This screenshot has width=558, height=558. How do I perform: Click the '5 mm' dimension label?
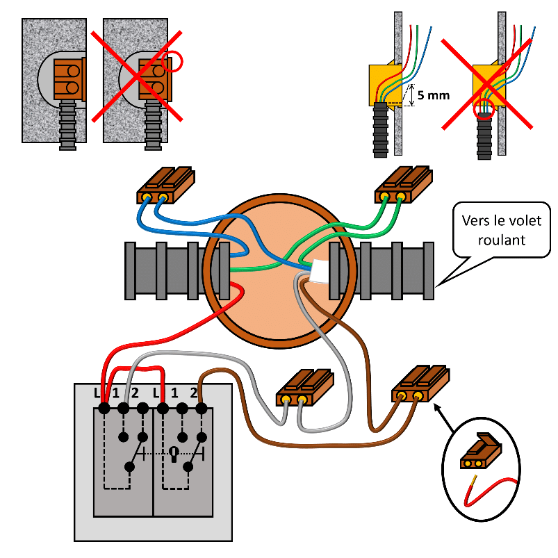pyautogui.click(x=434, y=95)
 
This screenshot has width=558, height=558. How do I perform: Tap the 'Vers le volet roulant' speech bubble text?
pyautogui.click(x=502, y=230)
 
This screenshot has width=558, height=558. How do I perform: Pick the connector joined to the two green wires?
pyautogui.click(x=404, y=184)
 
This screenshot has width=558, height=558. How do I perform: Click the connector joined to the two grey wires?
pyautogui.click(x=305, y=387)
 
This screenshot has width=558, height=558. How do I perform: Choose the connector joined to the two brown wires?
pyautogui.click(x=420, y=384)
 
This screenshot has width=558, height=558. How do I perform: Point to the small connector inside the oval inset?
pyautogui.click(x=481, y=451)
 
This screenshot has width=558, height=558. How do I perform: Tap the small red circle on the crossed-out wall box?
pyautogui.click(x=172, y=62)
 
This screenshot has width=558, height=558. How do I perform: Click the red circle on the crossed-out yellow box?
pyautogui.click(x=484, y=109)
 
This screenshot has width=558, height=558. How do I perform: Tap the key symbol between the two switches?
pyautogui.click(x=174, y=454)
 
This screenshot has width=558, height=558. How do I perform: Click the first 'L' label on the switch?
pyautogui.click(x=97, y=393)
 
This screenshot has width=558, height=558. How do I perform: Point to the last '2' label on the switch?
pyautogui.click(x=194, y=393)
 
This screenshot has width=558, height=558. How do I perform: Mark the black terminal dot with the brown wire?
pyautogui.click(x=202, y=408)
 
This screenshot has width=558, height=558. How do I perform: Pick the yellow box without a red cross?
pyautogui.click(x=385, y=85)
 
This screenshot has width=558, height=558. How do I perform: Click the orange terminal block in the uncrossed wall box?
pyautogui.click(x=69, y=79)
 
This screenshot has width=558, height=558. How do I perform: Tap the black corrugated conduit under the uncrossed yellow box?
pyautogui.click(x=380, y=130)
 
